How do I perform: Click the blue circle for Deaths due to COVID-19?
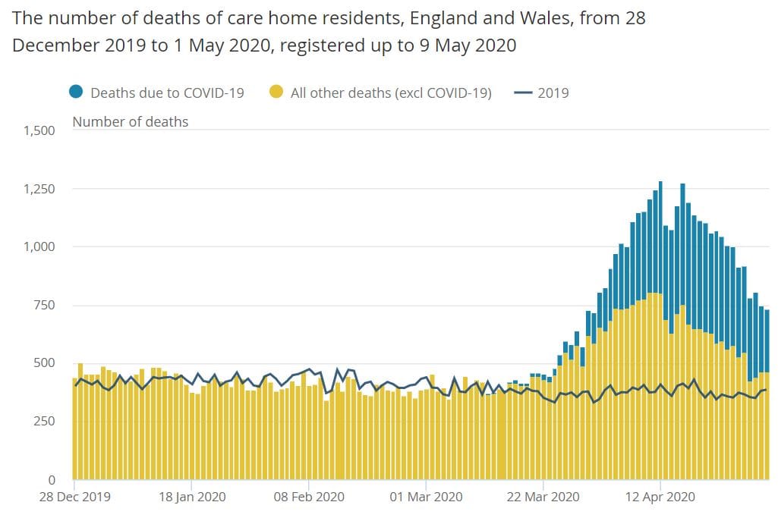point(76,93)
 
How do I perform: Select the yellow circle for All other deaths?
point(276,93)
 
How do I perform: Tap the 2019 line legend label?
point(553,93)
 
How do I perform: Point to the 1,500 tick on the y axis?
point(39,130)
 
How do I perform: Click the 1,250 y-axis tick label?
point(39,189)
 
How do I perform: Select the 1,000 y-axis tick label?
point(39,247)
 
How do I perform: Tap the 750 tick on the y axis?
point(45,305)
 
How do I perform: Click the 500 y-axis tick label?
point(45,363)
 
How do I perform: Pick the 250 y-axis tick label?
point(45,422)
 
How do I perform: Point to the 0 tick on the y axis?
point(52,480)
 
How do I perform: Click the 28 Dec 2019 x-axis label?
point(75,497)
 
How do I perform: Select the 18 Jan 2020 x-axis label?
point(191,497)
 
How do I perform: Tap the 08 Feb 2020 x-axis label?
point(309,497)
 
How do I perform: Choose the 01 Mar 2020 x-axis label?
point(427,497)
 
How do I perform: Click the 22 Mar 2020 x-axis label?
point(543,497)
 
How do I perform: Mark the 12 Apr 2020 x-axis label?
point(660,497)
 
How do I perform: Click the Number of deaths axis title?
point(130,121)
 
